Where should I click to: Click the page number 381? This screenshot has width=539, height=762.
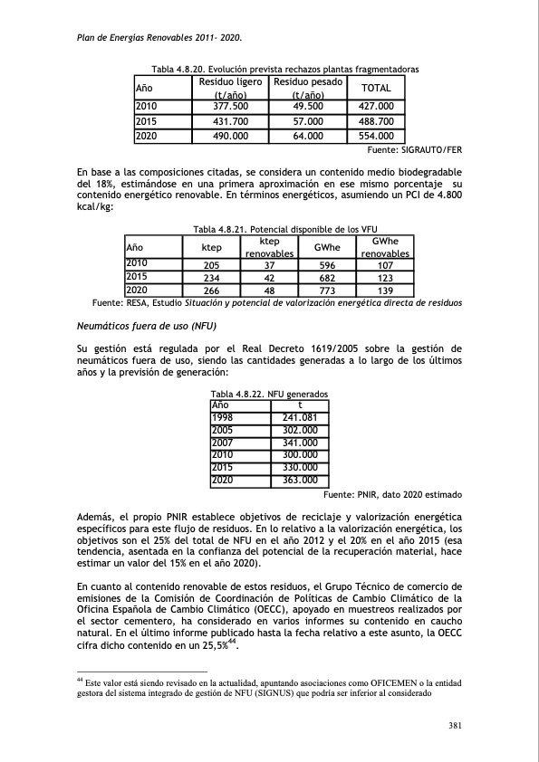pyautogui.click(x=457, y=723)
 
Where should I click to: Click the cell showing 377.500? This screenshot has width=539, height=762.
pyautogui.click(x=230, y=106)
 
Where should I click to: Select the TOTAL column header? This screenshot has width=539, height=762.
pyautogui.click(x=375, y=88)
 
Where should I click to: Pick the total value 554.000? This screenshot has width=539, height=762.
pyautogui.click(x=375, y=136)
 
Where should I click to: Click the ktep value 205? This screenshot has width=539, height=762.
pyautogui.click(x=212, y=265)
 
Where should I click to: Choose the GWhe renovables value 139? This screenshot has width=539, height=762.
pyautogui.click(x=385, y=291)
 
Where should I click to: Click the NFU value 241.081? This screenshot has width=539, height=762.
pyautogui.click(x=298, y=417)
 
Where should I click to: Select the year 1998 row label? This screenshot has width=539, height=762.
pyautogui.click(x=222, y=417)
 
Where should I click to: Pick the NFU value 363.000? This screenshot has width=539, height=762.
pyautogui.click(x=298, y=480)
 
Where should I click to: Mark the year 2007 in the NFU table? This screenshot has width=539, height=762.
pyautogui.click(x=222, y=443)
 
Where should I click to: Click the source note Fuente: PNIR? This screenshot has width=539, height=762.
pyautogui.click(x=392, y=495)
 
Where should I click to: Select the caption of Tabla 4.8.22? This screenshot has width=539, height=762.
pyautogui.click(x=269, y=395)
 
